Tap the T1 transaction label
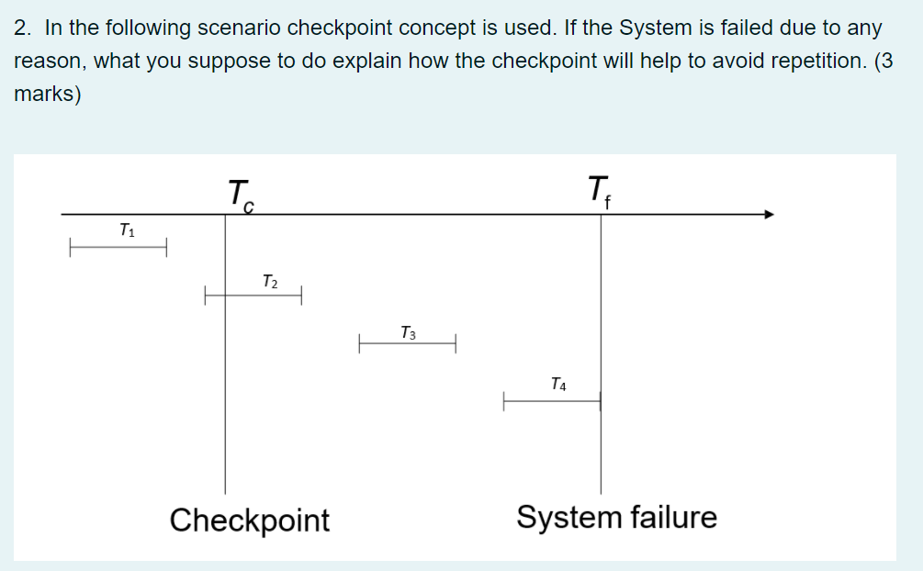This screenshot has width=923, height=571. (x=127, y=230)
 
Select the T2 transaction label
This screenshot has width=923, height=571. (x=269, y=281)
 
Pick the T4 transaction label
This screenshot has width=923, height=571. (x=558, y=384)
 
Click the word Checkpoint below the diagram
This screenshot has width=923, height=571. (x=250, y=520)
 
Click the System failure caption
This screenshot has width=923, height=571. (x=616, y=517)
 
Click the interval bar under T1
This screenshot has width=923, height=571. (x=118, y=248)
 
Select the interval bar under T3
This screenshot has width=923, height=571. (x=408, y=345)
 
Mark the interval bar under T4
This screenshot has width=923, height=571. (x=551, y=401)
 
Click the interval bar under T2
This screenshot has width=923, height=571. (x=253, y=296)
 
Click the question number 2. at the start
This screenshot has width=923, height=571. (x=25, y=28)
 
